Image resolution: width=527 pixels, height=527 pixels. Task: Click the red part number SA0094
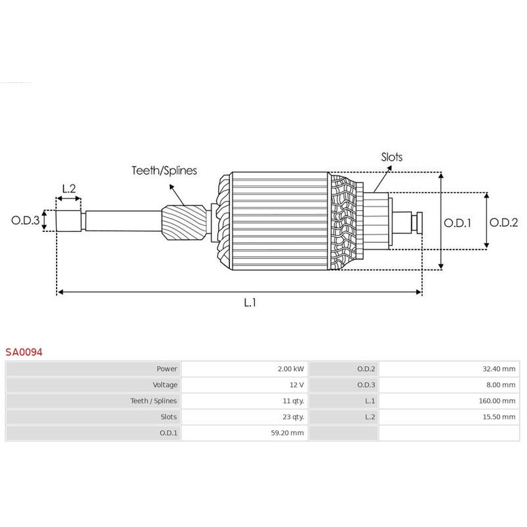[x=24, y=352]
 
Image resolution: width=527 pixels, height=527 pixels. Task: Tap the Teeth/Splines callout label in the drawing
[x=163, y=171]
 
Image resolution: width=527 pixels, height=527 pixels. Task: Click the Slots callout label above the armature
[x=391, y=157]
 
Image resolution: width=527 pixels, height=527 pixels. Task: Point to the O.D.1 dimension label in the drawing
[x=457, y=222]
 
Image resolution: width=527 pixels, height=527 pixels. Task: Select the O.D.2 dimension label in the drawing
[x=504, y=222]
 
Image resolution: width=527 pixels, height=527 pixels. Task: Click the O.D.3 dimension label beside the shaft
[x=26, y=220]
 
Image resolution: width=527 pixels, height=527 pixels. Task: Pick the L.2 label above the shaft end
[x=69, y=189]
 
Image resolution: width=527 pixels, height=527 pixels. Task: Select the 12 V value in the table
[x=296, y=385]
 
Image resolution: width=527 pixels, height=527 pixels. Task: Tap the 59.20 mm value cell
[x=288, y=433]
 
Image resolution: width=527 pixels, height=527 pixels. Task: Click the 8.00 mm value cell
[x=501, y=385]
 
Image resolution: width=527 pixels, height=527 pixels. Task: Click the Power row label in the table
[x=167, y=369]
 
